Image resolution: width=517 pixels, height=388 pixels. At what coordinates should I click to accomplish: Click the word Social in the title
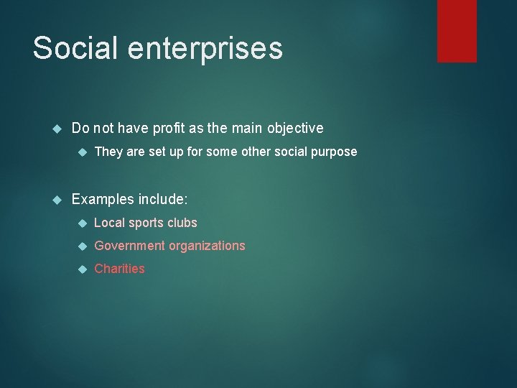coord(75,48)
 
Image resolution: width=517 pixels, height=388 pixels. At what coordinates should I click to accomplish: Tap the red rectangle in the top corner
coord(457,30)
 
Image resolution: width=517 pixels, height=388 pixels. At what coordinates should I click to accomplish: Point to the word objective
coord(295,129)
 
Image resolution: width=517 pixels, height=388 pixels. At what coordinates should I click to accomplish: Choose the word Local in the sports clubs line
coord(109,223)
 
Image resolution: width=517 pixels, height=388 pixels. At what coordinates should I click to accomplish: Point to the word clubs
coord(183,223)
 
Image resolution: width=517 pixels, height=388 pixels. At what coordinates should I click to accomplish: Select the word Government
coord(129,246)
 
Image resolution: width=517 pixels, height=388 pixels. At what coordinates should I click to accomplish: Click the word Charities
coord(119,269)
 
